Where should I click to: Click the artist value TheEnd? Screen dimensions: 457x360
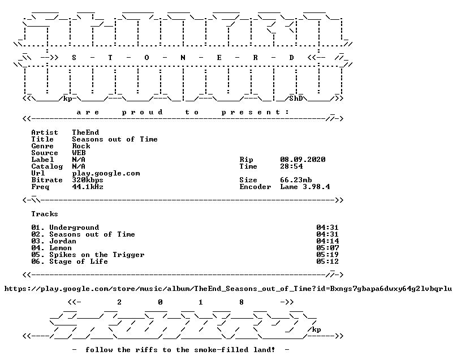coord(85,132)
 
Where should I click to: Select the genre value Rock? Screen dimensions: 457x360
coord(81,146)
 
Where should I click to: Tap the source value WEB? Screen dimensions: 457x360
coord(79,153)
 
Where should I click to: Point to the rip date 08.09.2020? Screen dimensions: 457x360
coord(303,160)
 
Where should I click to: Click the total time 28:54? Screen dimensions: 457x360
coord(291,166)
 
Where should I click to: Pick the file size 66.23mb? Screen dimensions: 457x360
coord(296,180)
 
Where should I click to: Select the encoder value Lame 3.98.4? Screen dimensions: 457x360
coord(305,187)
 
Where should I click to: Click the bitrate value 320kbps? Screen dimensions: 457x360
coord(88,180)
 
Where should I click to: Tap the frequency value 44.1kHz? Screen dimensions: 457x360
coord(88,187)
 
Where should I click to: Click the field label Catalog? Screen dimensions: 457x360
coord(47,166)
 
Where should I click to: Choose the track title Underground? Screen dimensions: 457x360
coord(74,228)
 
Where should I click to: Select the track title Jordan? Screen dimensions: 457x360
coord(63,241)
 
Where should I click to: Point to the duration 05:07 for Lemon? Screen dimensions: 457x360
coord(327,248)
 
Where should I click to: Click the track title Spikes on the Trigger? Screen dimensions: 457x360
coord(97,255)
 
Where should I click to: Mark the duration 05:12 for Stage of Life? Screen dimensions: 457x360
coord(327,262)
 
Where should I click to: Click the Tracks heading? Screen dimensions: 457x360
coord(45,214)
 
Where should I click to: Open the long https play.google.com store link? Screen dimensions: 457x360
coord(228,289)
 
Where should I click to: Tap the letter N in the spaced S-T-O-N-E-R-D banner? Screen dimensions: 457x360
coord(183,58)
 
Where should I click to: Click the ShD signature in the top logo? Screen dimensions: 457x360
coord(296,98)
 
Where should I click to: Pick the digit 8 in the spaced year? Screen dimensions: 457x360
coord(242,302)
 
